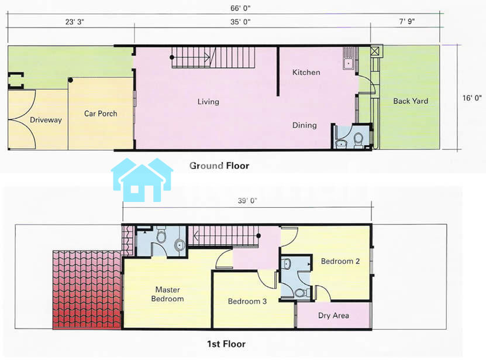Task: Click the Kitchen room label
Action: pyautogui.click(x=306, y=73)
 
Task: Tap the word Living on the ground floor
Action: pyautogui.click(x=208, y=102)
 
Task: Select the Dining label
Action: pyautogui.click(x=305, y=125)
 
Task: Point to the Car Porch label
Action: pyautogui.click(x=101, y=114)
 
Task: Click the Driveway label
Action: pyautogui.click(x=46, y=120)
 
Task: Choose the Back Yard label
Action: pyautogui.click(x=411, y=101)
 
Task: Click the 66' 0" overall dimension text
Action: pyautogui.click(x=240, y=8)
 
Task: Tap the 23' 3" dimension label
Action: pyautogui.click(x=75, y=22)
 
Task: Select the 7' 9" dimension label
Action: pyautogui.click(x=407, y=21)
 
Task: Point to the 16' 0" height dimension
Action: pyautogui.click(x=472, y=98)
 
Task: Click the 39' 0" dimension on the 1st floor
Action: pyautogui.click(x=247, y=201)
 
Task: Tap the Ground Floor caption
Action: pyautogui.click(x=219, y=166)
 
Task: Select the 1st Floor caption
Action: pyautogui.click(x=226, y=344)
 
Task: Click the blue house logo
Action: pyautogui.click(x=142, y=180)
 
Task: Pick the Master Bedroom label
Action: pyautogui.click(x=167, y=294)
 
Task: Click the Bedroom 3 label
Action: pyautogui.click(x=247, y=301)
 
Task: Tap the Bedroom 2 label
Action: pyautogui.click(x=340, y=261)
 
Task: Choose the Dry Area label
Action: pyautogui.click(x=333, y=316)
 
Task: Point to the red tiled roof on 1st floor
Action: pyautogui.click(x=87, y=289)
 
